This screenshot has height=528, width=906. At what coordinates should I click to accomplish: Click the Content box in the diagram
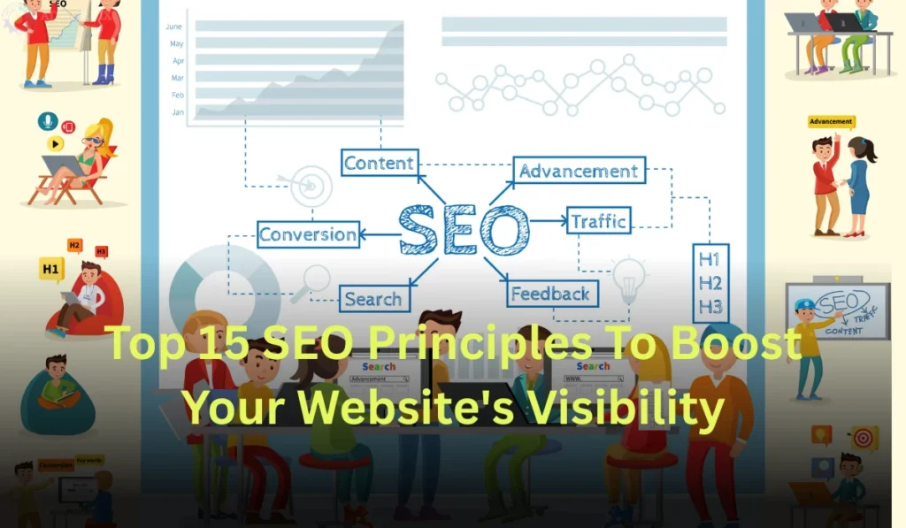380,164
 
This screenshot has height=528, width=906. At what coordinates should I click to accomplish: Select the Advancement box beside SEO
579,171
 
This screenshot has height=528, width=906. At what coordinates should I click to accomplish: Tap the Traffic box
599,220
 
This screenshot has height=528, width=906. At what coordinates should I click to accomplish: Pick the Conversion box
308,234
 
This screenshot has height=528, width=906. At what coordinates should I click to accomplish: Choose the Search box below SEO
373,299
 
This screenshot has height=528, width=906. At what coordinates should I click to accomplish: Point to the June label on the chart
173,27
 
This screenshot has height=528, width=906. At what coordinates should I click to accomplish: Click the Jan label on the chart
178,111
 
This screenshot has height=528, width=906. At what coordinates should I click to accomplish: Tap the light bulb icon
629,275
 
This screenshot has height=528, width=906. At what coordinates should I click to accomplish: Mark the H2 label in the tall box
710,283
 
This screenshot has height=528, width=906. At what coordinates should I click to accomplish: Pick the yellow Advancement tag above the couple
831,122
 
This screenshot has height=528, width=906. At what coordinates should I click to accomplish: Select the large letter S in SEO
422,229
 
